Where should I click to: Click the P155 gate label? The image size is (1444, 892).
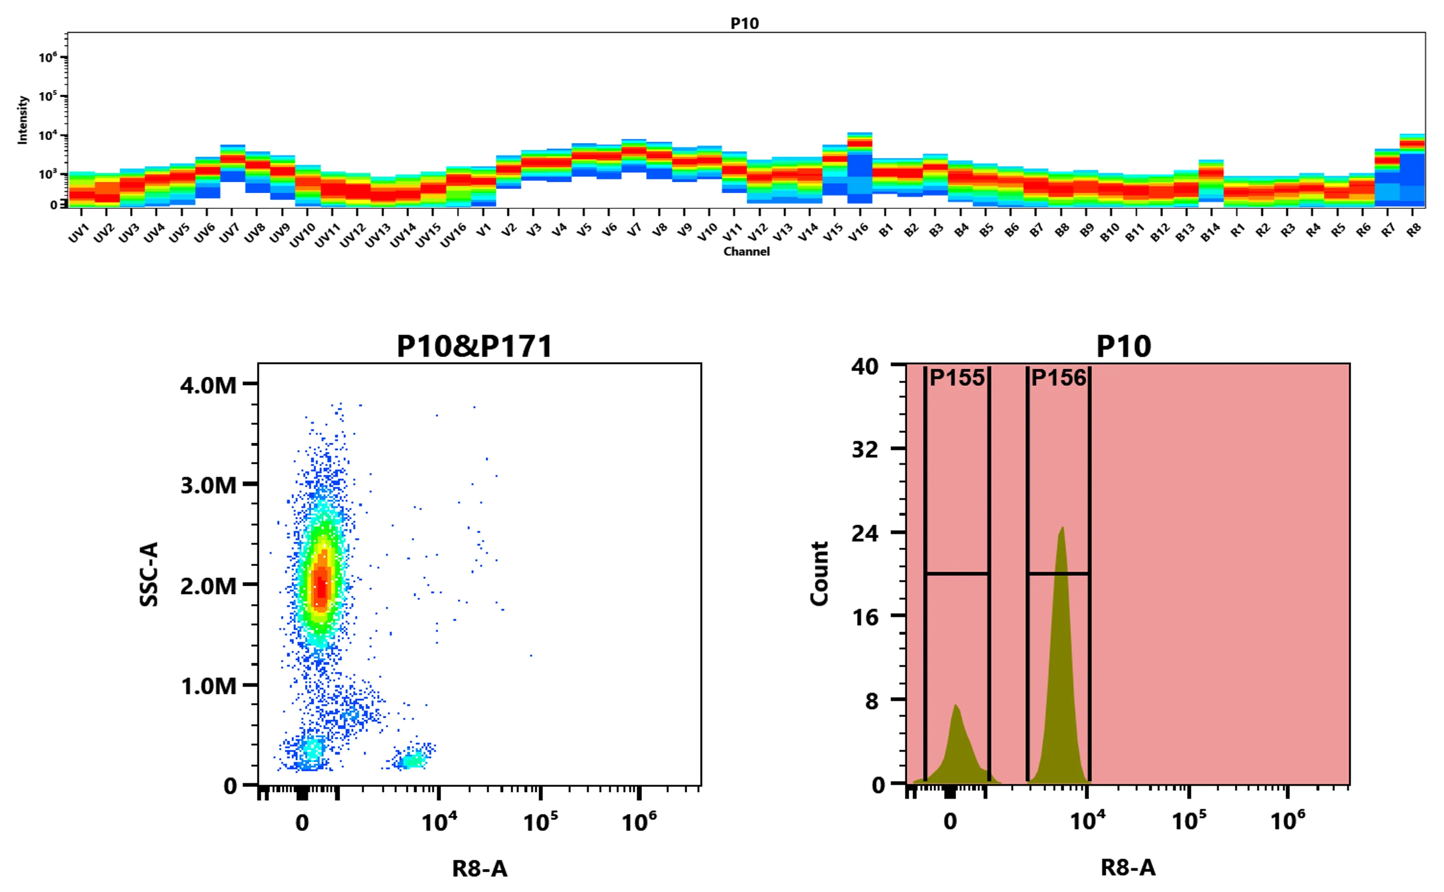957,378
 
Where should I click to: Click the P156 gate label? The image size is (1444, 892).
1059,378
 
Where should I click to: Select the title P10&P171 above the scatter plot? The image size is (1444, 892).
474,346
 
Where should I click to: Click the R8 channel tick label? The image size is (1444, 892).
1414,231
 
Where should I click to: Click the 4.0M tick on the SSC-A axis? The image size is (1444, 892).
208,385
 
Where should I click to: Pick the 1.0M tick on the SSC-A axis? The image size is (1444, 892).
208,686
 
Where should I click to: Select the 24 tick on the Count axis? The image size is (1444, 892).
864,533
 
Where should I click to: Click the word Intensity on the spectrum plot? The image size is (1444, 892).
23,120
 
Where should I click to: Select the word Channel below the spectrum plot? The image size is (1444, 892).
747,251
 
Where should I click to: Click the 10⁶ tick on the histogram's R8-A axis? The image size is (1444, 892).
1287,821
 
